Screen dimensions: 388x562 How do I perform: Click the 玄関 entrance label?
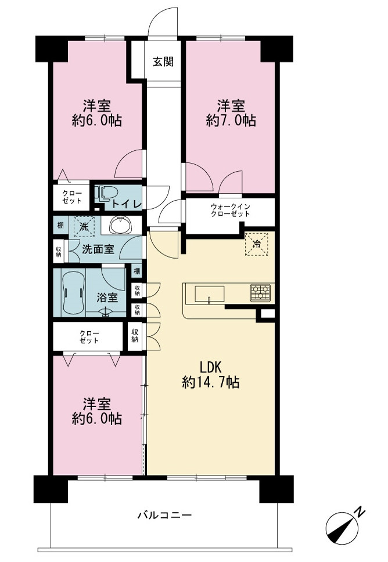coord(163,62)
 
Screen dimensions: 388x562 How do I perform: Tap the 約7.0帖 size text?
coord(231,121)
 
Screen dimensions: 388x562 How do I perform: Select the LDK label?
coord(211,367)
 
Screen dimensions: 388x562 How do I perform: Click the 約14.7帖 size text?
coord(211,382)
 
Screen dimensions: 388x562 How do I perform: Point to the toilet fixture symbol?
coord(106,193)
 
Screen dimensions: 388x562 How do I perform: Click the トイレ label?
coord(127,204)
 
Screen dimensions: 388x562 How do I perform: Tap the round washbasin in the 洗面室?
coord(121,226)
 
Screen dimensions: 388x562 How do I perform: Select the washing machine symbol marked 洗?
coord(84,227)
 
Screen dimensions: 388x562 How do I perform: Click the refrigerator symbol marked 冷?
coord(257,244)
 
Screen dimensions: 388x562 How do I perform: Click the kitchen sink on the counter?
coord(210,295)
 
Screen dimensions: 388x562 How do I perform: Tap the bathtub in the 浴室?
coord(74,292)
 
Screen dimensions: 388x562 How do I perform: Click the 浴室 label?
coord(107,297)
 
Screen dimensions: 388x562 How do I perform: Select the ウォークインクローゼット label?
coord(230,210)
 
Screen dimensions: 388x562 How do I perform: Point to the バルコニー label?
coord(165,516)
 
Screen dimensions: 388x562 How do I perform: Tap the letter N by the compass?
coord(360,512)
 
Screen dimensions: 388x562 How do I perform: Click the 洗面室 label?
coord(98,249)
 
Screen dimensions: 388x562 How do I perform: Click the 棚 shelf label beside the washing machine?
coord(60,226)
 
